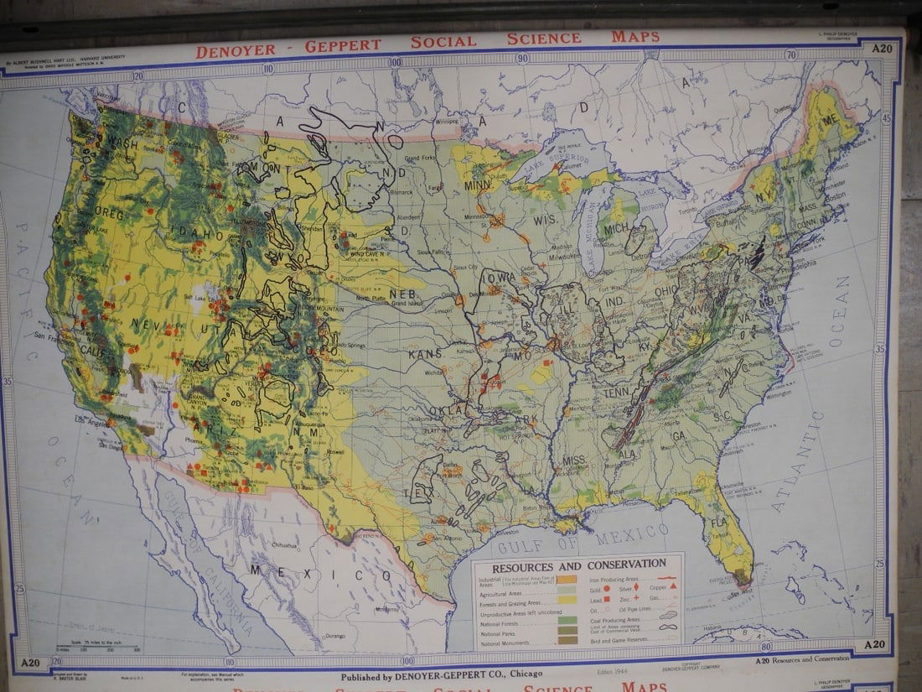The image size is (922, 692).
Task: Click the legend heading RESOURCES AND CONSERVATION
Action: pyautogui.click(x=578, y=565)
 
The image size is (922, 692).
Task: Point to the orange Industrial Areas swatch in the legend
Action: pyautogui.click(x=567, y=579)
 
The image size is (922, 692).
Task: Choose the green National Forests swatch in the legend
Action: pyautogui.click(x=567, y=621)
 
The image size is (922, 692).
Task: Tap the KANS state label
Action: pyautogui.click(x=425, y=354)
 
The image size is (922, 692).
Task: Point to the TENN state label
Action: pyautogui.click(x=619, y=392)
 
